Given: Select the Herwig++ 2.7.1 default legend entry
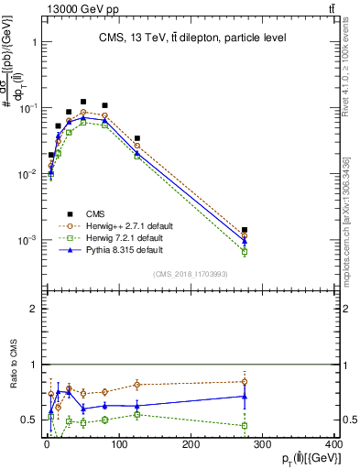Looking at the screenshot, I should click(127, 224).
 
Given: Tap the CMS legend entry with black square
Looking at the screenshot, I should click(93, 213).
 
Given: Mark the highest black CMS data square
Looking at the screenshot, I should click(83, 102).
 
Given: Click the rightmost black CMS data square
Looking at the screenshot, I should click(244, 230).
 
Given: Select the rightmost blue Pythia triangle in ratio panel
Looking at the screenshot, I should click(244, 396).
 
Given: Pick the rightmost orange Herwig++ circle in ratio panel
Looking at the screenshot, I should click(244, 381).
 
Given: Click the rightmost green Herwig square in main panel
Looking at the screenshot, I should click(244, 251).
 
